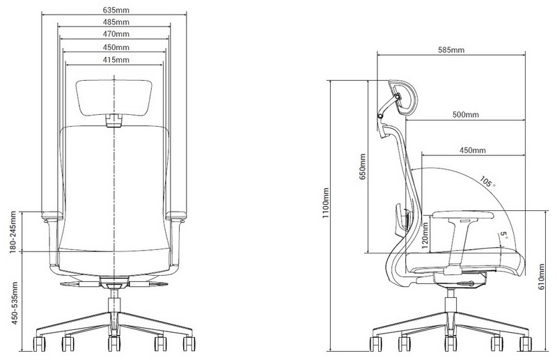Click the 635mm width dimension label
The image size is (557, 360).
[x=116, y=10]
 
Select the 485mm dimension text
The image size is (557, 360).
[x=116, y=22]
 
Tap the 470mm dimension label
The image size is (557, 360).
[x=116, y=34]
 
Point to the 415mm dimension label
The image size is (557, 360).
[x=116, y=60]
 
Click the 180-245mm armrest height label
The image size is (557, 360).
[x=13, y=232]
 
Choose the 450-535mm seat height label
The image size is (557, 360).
[x=15, y=303]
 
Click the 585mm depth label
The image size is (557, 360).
[x=451, y=49]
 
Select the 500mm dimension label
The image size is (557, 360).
[x=465, y=114]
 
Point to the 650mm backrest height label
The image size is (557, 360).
[x=362, y=166]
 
